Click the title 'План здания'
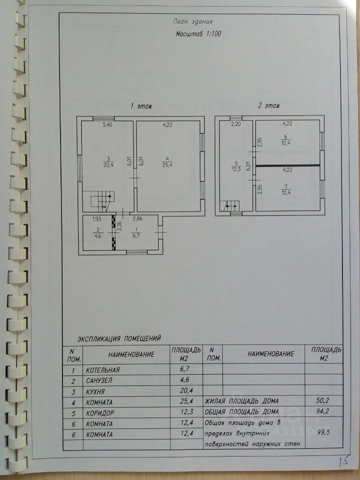tap(192, 21)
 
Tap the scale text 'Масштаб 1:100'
tap(198, 33)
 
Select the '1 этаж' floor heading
tap(141, 106)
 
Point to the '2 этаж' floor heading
tap(269, 106)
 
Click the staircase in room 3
tap(102, 201)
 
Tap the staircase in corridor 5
tap(231, 205)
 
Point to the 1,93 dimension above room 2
tap(97, 219)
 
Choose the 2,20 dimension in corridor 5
tap(236, 124)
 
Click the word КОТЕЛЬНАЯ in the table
tap(102, 370)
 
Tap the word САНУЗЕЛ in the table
tap(99, 380)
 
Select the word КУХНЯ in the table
tap(95, 391)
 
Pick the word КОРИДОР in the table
tap(100, 413)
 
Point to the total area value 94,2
tap(322, 411)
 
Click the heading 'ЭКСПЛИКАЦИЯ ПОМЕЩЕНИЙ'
tap(119, 338)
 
